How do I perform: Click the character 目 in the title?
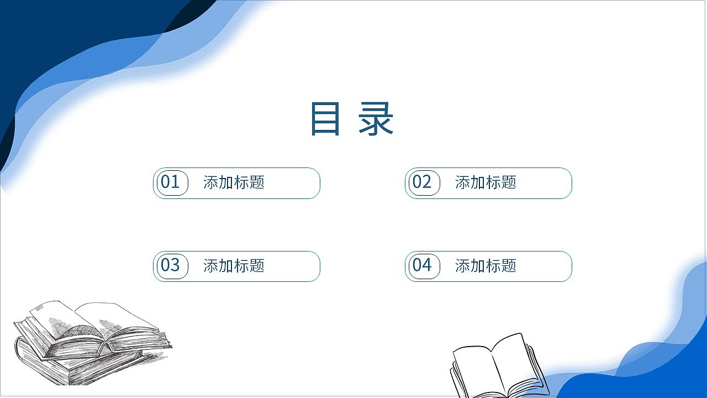pyautogui.click(x=325, y=119)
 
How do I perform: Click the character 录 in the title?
pyautogui.click(x=376, y=119)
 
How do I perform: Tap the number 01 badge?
pyautogui.click(x=171, y=182)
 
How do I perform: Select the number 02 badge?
pyautogui.click(x=423, y=182)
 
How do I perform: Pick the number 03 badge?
pyautogui.click(x=171, y=266)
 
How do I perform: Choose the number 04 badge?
pyautogui.click(x=423, y=266)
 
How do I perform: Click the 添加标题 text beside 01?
pyautogui.click(x=234, y=182)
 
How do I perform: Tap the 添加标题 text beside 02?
pyautogui.click(x=486, y=182)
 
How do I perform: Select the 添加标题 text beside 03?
pyautogui.click(x=234, y=266)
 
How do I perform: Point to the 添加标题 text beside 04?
pyautogui.click(x=486, y=266)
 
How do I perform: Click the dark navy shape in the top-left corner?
pyautogui.click(x=66, y=28)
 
